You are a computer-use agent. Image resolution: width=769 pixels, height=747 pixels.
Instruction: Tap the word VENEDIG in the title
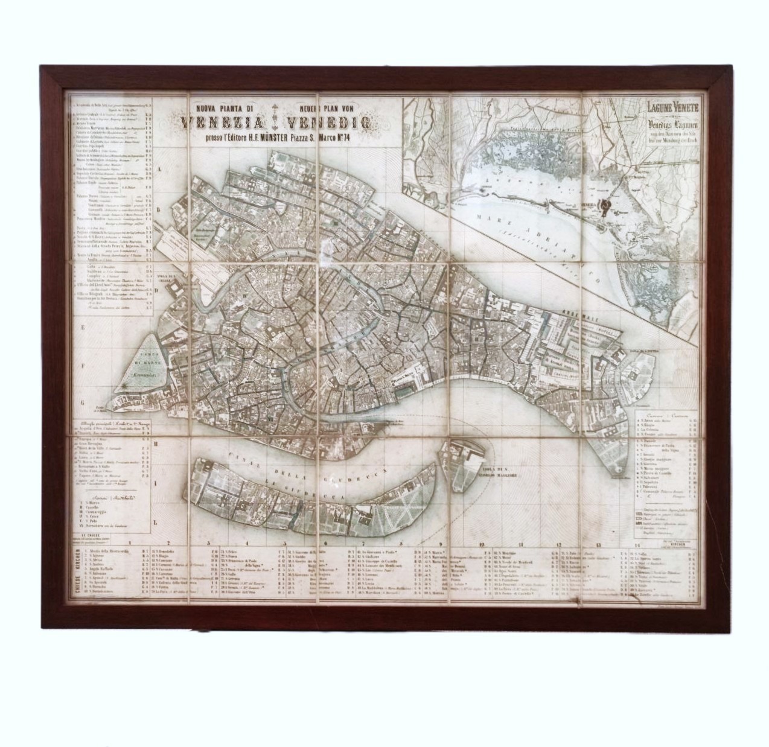point(329,124)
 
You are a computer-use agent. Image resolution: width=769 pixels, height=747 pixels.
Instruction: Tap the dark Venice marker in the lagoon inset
point(605,206)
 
